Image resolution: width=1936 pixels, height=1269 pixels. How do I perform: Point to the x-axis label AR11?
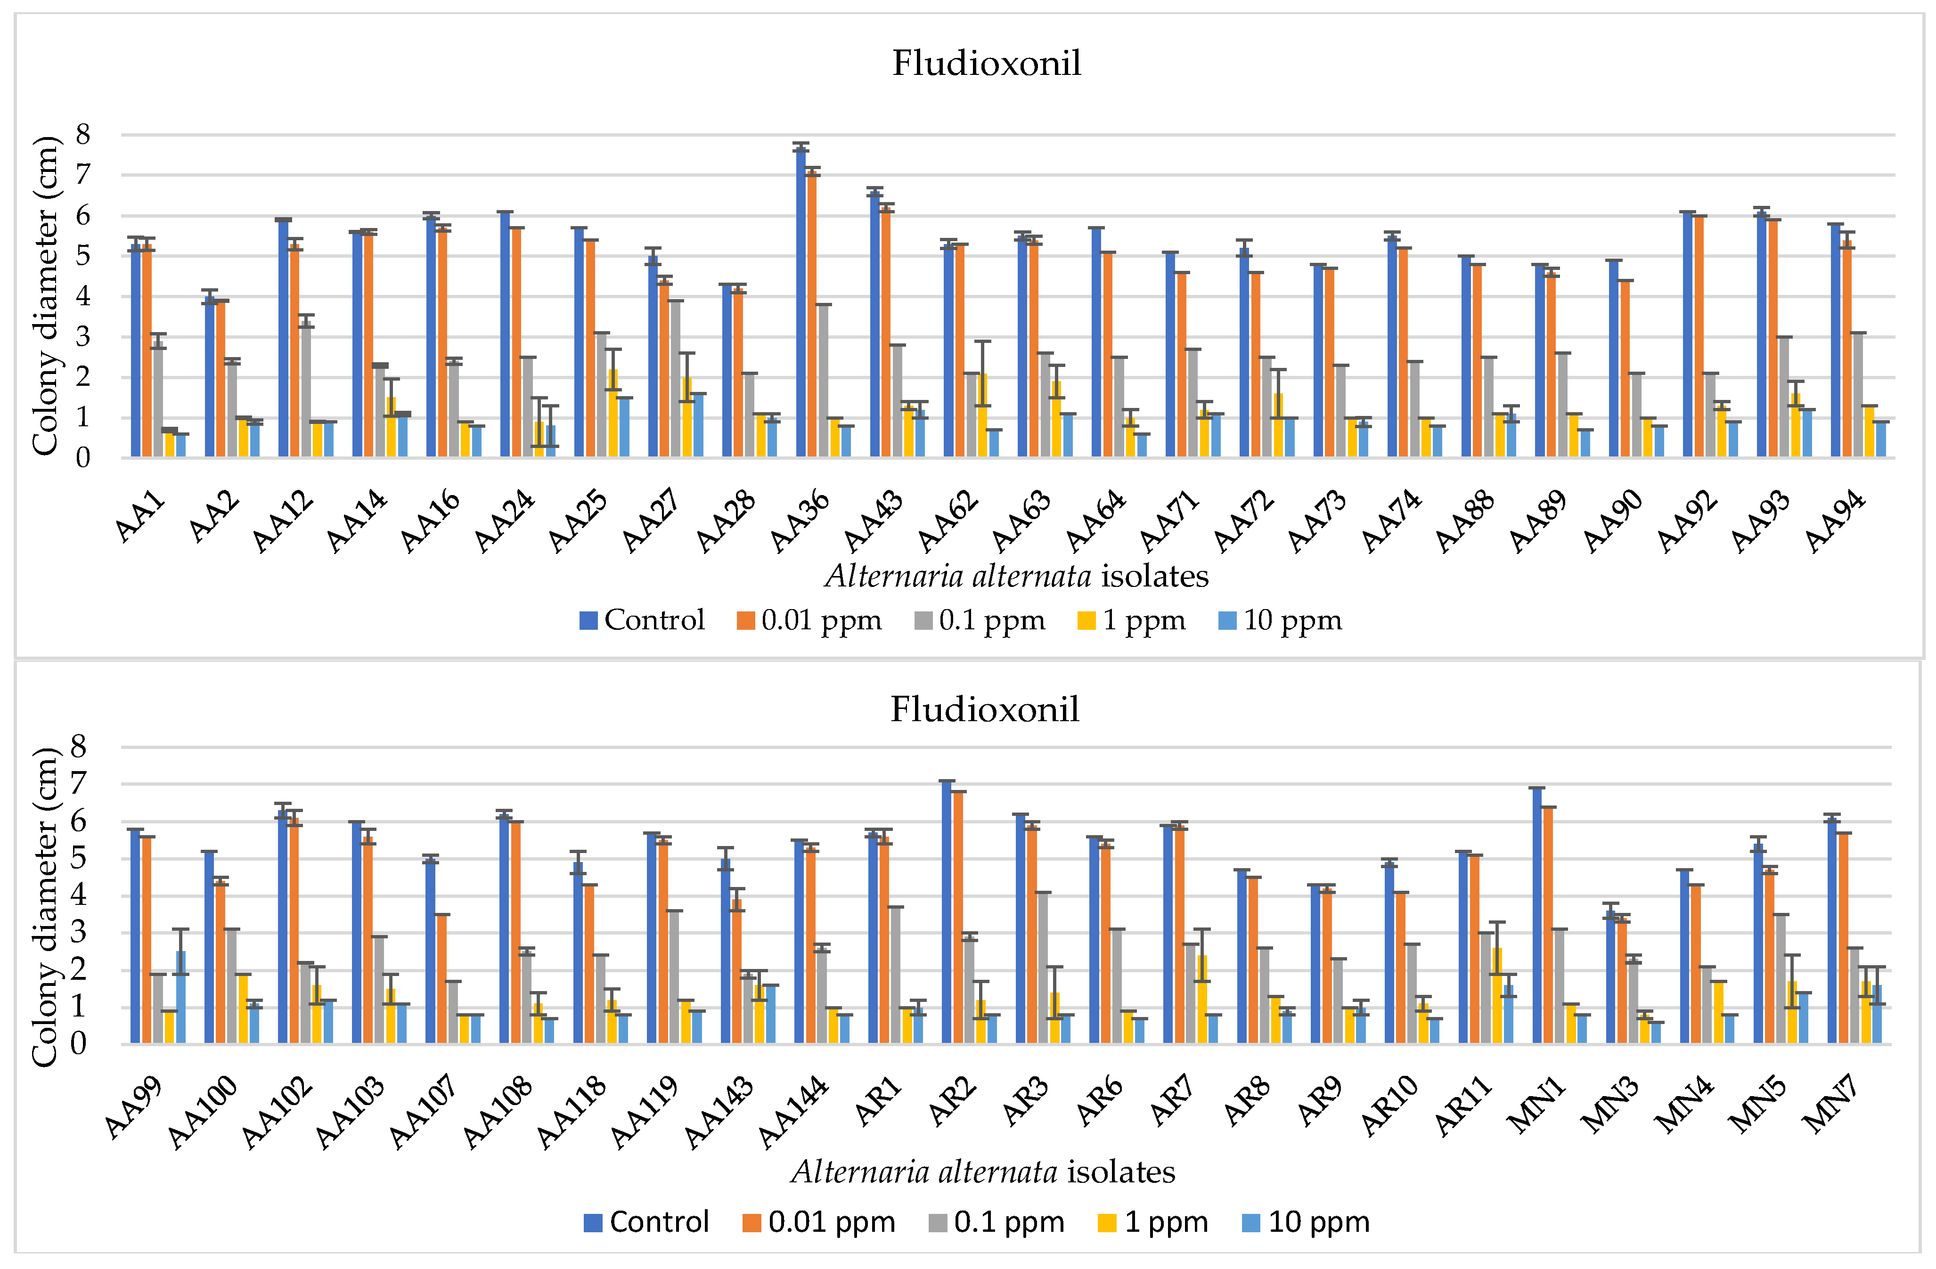[x=1462, y=1106]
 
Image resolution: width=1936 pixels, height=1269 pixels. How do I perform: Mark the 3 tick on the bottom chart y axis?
[x=78, y=932]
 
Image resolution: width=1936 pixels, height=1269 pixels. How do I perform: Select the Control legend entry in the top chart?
[x=643, y=621]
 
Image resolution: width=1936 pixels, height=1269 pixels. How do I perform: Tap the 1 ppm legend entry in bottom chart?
[x=1153, y=1222]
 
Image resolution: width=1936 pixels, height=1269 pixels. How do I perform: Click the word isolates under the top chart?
[x=1154, y=577]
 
